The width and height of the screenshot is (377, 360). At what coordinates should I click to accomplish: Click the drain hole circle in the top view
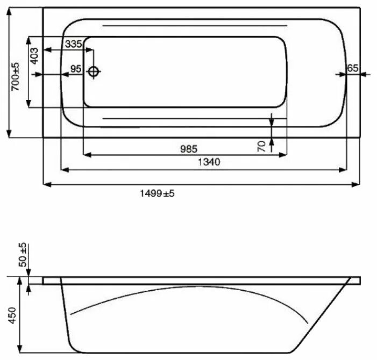point(94,71)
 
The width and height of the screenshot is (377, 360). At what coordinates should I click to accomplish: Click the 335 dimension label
point(73,44)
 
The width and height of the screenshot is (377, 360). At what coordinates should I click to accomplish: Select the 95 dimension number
point(75,69)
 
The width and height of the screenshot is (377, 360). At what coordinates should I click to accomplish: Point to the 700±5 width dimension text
point(16,76)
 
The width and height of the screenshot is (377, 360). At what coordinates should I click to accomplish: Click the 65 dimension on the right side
point(352,68)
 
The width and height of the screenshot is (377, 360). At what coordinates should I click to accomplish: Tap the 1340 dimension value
point(209,162)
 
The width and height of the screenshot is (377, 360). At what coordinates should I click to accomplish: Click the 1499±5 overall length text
point(157,193)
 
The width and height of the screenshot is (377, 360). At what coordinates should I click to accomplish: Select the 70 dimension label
point(262,147)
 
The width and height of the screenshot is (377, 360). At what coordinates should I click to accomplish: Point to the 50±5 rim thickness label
point(22,256)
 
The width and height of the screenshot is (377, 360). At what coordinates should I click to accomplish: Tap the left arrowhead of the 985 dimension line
point(87,155)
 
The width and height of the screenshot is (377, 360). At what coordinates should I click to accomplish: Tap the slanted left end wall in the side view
point(67,317)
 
